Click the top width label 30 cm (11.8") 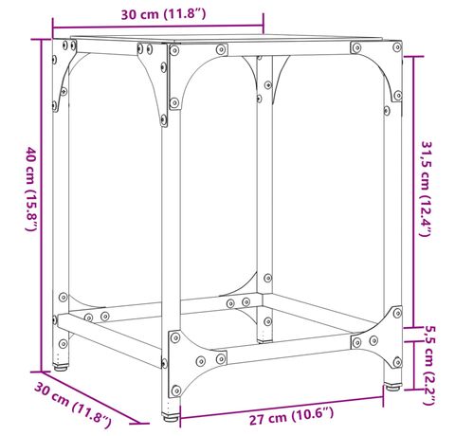(163, 14)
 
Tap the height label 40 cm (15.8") (31, 189)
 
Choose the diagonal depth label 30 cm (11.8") (73, 405)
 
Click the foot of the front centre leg (171, 417)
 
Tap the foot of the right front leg (392, 387)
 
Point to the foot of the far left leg (61, 368)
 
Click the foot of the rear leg (264, 341)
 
